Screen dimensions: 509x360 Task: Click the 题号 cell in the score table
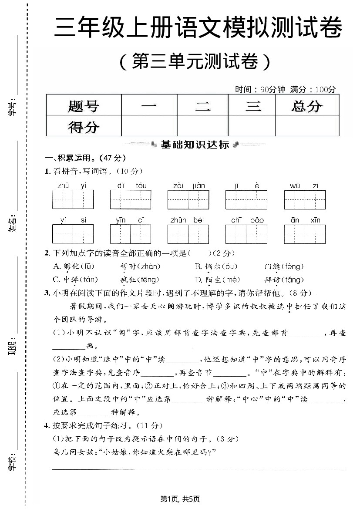pyautogui.click(x=84, y=106)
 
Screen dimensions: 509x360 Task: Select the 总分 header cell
pyautogui.click(x=307, y=106)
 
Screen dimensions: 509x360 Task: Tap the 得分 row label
pyautogui.click(x=84, y=127)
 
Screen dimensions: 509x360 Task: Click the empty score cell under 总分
pyautogui.click(x=307, y=126)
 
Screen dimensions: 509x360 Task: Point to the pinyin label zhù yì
pyautogui.click(x=72, y=186)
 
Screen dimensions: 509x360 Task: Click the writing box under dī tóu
pyautogui.click(x=131, y=200)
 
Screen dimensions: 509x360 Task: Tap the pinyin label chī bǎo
pyautogui.click(x=247, y=220)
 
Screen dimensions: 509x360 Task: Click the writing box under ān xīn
pyautogui.click(x=305, y=234)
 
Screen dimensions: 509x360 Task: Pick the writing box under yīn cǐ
pyautogui.click(x=131, y=234)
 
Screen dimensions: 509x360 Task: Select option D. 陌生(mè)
pyautogui.click(x=217, y=280)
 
